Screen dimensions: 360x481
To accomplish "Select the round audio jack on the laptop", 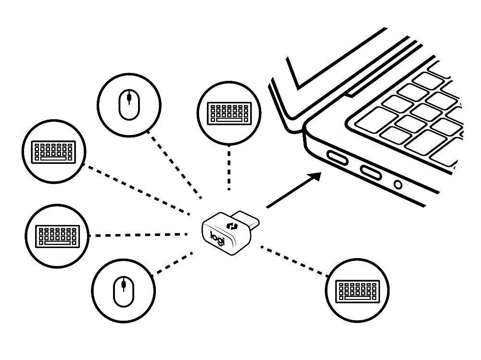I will (398, 184).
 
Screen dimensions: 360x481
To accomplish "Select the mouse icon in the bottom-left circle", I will (124, 291).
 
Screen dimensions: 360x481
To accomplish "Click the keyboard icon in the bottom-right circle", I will (357, 290).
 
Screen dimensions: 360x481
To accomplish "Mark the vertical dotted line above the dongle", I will (229, 171).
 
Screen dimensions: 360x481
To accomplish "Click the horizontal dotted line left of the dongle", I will (139, 236).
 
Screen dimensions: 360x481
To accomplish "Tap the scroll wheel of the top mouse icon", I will (129, 99).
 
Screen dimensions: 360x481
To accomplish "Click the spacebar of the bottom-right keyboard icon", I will (357, 298).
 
